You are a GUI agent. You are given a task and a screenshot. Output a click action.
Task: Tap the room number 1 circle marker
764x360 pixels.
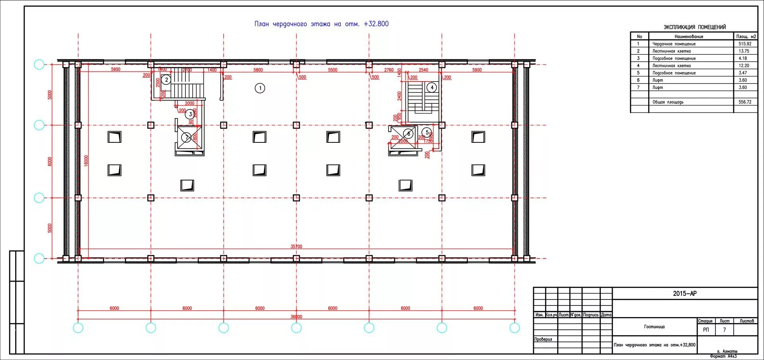[x=260, y=88]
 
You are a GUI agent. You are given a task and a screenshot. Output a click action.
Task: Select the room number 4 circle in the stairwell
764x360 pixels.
[x=432, y=88]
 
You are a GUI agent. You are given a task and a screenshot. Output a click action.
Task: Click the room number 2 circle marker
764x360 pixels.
[x=167, y=80]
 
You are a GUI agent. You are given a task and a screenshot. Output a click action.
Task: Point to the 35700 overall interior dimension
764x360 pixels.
[x=296, y=247]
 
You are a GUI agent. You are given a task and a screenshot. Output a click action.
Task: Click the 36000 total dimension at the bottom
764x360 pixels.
[x=296, y=317]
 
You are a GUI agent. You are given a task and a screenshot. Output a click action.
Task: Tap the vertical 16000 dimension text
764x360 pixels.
[x=86, y=161]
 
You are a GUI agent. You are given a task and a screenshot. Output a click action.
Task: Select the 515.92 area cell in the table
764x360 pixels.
[x=745, y=44]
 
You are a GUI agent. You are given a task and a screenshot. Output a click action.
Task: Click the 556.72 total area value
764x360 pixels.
[x=745, y=102]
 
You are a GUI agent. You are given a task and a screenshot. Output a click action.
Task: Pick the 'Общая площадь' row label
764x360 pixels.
[x=668, y=102]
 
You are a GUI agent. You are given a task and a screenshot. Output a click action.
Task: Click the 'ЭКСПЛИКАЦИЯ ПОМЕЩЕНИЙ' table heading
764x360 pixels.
[x=694, y=27]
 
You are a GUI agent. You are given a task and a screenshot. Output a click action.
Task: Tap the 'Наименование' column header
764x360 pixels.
[x=689, y=37]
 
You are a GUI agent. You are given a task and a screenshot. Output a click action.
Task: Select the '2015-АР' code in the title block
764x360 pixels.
[x=684, y=294]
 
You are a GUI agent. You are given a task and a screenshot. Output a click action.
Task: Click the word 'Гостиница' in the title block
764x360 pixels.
[x=654, y=327]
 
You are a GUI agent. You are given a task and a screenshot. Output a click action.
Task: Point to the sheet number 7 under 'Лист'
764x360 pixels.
[x=724, y=330]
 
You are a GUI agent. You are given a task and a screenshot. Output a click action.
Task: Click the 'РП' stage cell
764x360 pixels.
[x=706, y=330]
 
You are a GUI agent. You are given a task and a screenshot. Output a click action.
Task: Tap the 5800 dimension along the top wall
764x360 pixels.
[x=258, y=70]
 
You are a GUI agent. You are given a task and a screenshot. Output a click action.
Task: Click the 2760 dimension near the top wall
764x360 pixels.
[x=389, y=70]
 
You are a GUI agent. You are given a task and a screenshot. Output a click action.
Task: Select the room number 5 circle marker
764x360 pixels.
[x=427, y=132]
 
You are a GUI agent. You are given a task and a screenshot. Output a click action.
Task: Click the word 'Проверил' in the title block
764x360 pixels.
[x=543, y=339]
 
